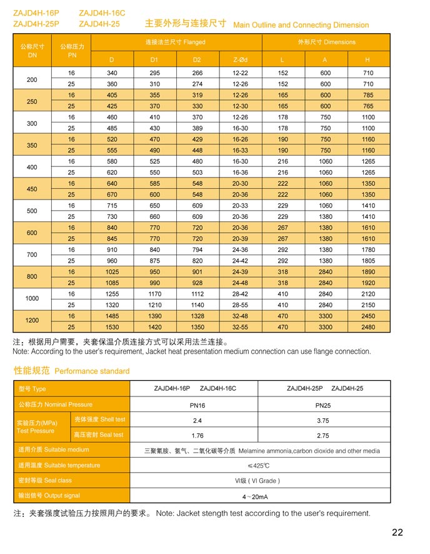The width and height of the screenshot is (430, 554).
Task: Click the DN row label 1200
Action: (x=32, y=321)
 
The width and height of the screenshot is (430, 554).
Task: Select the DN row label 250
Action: (x=32, y=101)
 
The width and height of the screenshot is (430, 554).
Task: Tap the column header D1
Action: (x=154, y=60)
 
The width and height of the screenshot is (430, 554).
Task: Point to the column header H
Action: (x=367, y=60)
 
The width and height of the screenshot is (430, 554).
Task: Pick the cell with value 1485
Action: (x=112, y=316)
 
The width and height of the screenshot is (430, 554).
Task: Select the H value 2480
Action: (x=368, y=327)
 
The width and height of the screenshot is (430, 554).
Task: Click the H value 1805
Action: (x=368, y=261)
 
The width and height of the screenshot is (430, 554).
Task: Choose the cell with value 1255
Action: (x=112, y=294)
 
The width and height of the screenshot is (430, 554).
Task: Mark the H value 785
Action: (x=368, y=95)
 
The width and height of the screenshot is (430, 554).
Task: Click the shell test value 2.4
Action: (x=197, y=420)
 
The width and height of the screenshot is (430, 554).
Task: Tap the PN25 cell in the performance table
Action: (x=323, y=405)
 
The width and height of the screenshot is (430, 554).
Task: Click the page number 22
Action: (x=397, y=533)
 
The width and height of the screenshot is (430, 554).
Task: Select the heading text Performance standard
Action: (x=92, y=371)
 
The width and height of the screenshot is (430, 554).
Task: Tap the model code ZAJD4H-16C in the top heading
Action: (x=102, y=13)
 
